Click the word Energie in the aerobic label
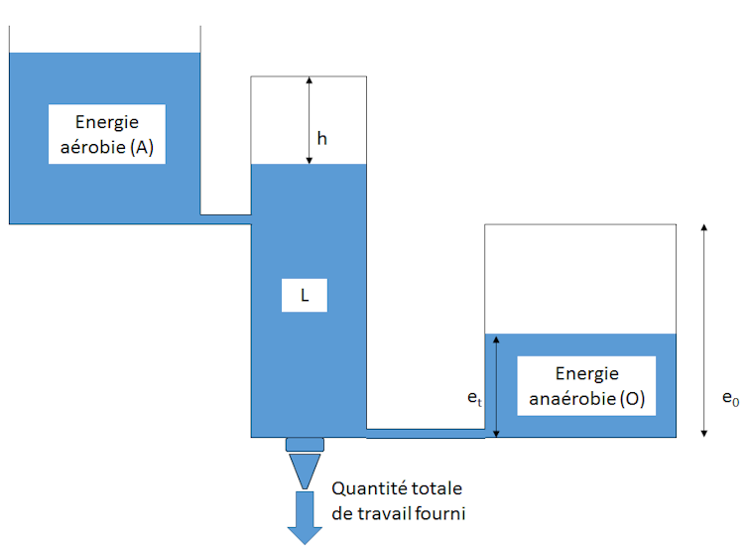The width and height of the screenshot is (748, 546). (107, 123)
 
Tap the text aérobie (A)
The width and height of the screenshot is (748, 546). (107, 147)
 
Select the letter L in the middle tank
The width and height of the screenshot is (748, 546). (305, 296)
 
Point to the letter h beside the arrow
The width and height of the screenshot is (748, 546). (322, 138)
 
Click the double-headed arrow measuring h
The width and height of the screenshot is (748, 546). (310, 120)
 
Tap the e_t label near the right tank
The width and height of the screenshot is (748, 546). (474, 398)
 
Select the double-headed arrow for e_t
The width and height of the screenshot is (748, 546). (496, 386)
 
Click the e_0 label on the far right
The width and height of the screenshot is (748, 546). (730, 398)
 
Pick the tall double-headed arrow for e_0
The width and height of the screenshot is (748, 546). (704, 331)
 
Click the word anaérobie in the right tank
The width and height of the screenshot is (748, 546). (572, 398)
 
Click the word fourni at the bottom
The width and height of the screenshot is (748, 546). (439, 513)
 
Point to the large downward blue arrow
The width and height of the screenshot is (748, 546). (305, 518)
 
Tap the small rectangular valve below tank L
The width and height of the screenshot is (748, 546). (305, 445)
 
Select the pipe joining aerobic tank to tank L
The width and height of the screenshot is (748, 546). (225, 219)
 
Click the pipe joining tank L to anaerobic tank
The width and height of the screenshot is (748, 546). (426, 434)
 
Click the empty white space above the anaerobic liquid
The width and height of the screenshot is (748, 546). (580, 279)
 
